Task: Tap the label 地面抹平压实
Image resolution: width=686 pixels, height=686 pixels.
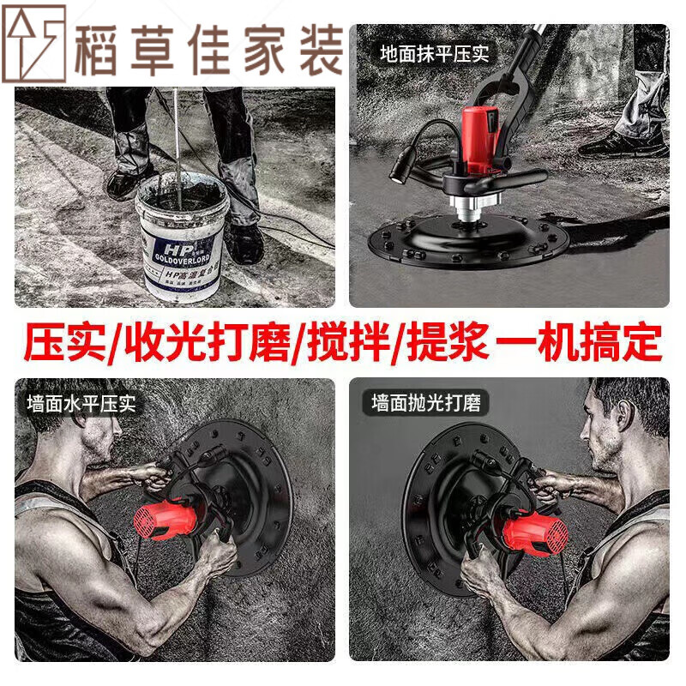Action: tap(435, 53)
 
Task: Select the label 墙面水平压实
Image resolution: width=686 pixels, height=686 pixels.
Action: tap(81, 403)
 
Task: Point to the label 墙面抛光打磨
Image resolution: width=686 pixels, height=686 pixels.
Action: tap(426, 403)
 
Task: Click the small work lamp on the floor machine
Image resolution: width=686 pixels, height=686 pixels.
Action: tap(400, 171)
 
